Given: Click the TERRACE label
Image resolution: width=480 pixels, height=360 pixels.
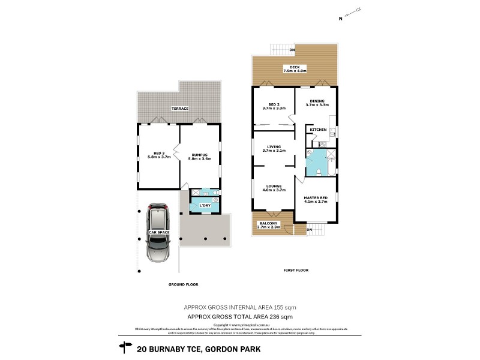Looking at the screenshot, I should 179,109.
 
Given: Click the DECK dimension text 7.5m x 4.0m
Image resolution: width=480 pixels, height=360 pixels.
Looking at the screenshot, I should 295,71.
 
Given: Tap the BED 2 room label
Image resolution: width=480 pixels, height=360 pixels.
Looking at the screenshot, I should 274,101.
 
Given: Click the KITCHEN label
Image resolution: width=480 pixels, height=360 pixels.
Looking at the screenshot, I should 318,130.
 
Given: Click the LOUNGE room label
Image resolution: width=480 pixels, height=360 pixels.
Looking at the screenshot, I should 274,186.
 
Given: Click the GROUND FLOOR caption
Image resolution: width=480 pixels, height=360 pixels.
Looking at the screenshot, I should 184,284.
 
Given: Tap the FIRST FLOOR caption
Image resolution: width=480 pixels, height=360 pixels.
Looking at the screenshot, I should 295,271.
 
